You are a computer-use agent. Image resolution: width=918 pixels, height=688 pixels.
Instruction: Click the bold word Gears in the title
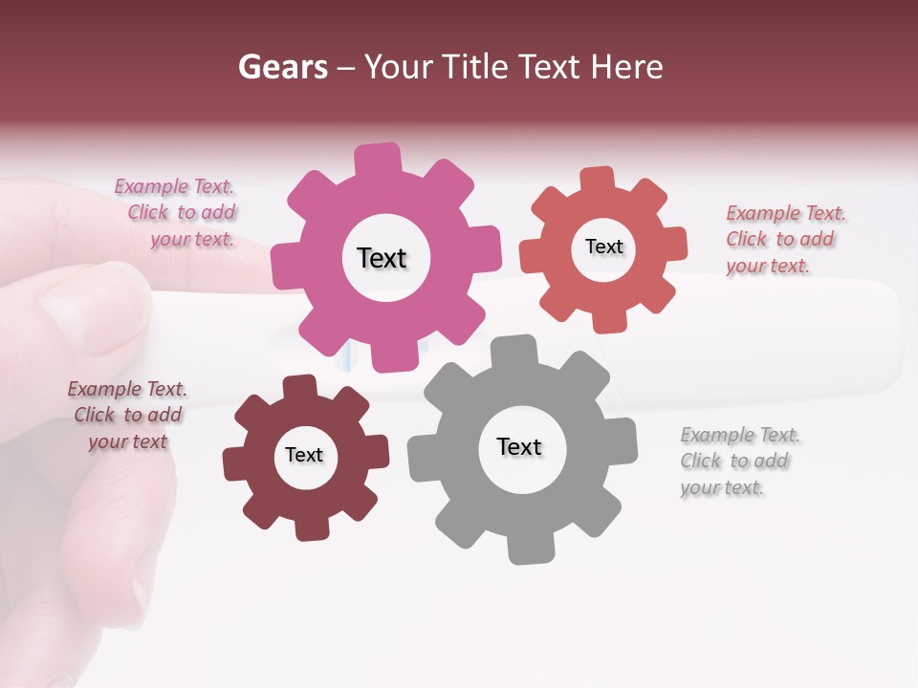click(x=283, y=67)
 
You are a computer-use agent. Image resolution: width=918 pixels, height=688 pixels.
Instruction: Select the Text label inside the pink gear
click(x=382, y=258)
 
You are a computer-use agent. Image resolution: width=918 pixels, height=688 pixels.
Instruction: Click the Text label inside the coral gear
click(x=603, y=247)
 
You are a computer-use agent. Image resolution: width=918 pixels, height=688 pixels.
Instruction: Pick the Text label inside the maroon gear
click(x=304, y=455)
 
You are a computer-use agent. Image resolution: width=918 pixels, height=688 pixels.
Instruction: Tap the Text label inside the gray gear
click(x=519, y=446)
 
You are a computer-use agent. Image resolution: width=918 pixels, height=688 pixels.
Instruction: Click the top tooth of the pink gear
click(x=378, y=159)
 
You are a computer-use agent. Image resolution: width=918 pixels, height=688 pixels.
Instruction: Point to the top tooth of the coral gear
click(x=598, y=179)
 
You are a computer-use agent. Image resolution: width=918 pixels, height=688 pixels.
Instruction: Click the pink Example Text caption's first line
click(x=174, y=186)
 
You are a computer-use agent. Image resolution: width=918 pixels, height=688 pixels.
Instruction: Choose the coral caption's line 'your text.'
click(x=768, y=267)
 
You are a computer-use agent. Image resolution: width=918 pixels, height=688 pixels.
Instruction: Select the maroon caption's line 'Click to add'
click(x=128, y=415)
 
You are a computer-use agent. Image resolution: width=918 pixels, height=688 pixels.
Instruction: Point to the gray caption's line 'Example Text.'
click(x=740, y=435)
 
